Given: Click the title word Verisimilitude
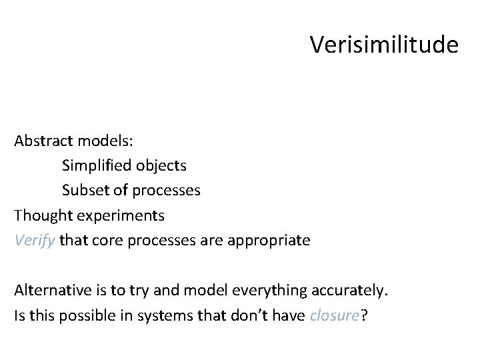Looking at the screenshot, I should pos(384,45).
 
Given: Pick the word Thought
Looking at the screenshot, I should pos(40,215).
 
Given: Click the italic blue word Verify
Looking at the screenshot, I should pos(35,240).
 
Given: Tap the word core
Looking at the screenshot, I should pos(104,240).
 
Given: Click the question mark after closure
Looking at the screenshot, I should pos(363,316).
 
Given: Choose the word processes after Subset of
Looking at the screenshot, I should pos(166,190).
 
